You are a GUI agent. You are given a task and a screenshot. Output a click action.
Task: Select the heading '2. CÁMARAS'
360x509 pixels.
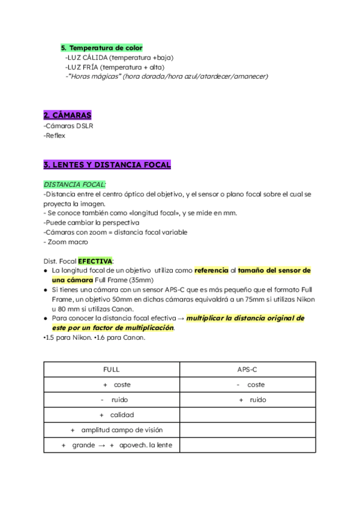tap(67, 115)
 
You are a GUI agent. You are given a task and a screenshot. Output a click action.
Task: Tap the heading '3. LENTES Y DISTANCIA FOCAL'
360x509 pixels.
tap(107, 164)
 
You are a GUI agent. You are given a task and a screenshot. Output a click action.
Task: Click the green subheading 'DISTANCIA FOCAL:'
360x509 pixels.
tap(75, 184)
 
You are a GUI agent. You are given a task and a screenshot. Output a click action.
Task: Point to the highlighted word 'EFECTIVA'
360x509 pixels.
tap(95, 261)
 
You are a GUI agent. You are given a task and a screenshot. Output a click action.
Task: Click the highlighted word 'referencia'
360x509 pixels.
tap(211, 271)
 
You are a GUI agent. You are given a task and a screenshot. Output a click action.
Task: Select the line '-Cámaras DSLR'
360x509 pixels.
tap(68, 126)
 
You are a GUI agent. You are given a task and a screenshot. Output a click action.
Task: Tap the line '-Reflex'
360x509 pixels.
tap(55, 136)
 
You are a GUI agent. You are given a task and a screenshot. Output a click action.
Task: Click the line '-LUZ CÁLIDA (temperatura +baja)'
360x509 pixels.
tap(119, 58)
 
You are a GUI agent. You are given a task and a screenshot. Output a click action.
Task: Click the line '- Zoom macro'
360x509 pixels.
tap(66, 242)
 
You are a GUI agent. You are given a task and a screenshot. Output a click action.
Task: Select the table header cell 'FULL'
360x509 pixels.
tap(112, 370)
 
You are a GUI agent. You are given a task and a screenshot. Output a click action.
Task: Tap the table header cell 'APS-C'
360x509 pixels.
tap(248, 370)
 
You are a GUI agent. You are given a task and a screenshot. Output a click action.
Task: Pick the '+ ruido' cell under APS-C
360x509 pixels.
tap(252, 400)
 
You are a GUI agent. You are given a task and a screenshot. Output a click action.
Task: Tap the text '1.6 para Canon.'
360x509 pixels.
tap(119, 337)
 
